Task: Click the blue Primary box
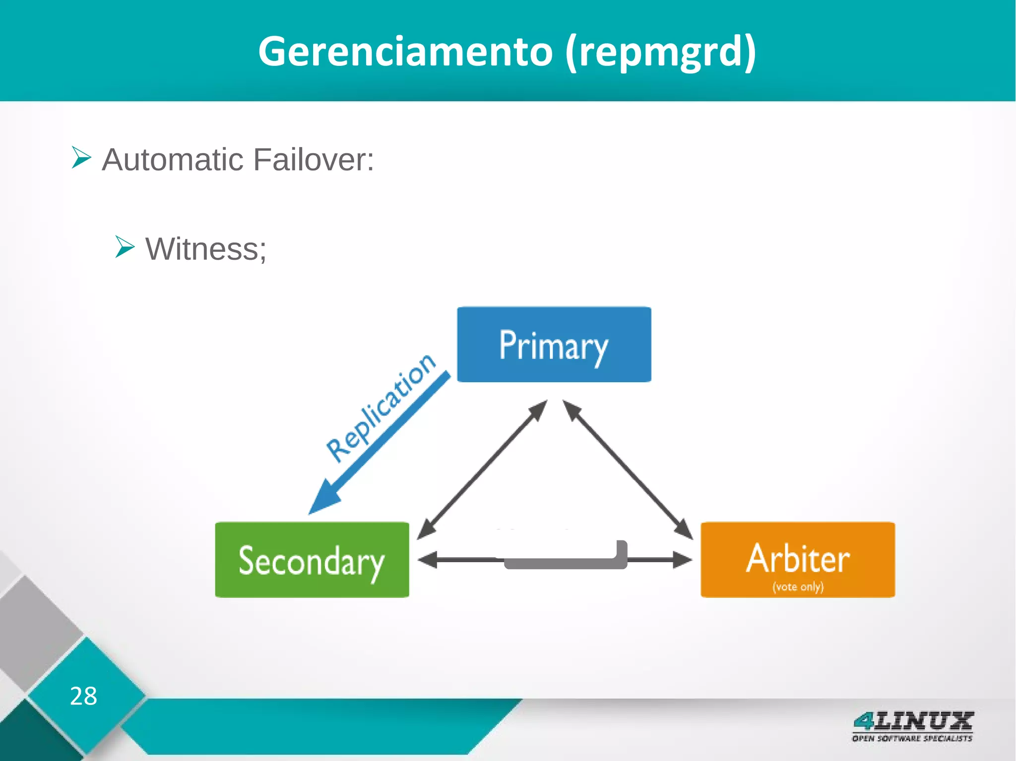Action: (x=554, y=344)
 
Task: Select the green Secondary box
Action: (x=312, y=560)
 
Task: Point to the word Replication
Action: (x=381, y=408)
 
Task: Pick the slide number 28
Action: (x=83, y=696)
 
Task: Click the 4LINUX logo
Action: (x=912, y=721)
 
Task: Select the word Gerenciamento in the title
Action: (x=405, y=51)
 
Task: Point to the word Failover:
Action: (x=314, y=160)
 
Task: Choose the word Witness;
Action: (x=206, y=249)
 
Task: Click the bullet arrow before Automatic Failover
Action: (x=81, y=158)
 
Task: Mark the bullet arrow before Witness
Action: (x=125, y=247)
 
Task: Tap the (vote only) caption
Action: (x=798, y=587)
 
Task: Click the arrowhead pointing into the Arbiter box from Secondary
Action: (x=683, y=560)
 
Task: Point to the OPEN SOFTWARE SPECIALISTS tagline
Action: (x=912, y=738)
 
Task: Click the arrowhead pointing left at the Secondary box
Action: (x=427, y=560)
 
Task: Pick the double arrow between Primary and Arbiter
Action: (x=628, y=469)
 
